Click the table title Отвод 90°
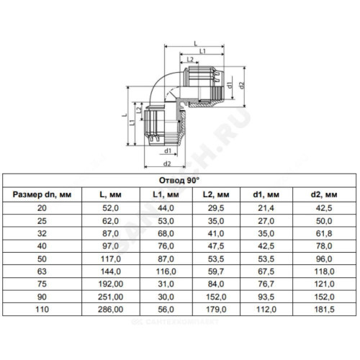point(179,181)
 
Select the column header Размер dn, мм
point(42,194)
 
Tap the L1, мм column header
point(166,194)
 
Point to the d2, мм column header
point(324,194)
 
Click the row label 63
point(42,271)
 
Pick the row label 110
point(42,310)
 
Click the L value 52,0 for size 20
point(110,208)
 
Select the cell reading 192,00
point(111,284)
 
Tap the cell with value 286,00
point(111,310)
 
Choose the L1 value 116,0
point(166,271)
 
